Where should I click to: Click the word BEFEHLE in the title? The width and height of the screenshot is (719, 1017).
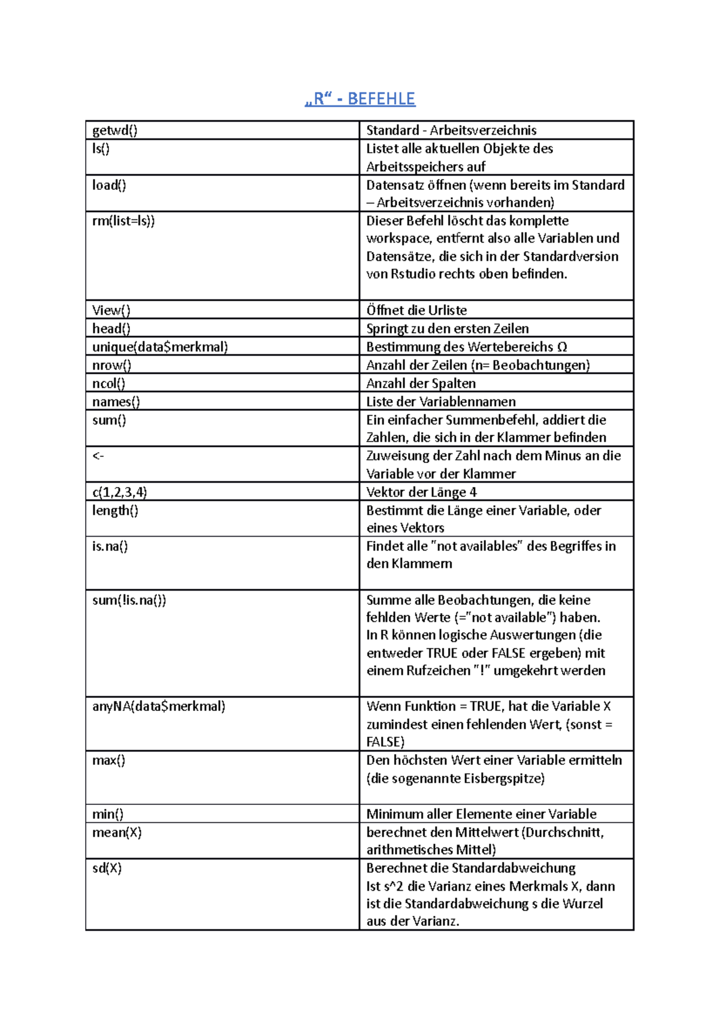pyautogui.click(x=381, y=99)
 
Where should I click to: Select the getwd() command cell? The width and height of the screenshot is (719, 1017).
pyautogui.click(x=114, y=131)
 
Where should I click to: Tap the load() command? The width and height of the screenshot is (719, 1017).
pyautogui.click(x=109, y=185)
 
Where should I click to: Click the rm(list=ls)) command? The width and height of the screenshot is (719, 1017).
pyautogui.click(x=123, y=221)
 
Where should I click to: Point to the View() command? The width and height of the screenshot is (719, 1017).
pyautogui.click(x=111, y=310)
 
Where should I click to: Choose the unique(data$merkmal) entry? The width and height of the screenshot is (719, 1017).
pyautogui.click(x=160, y=347)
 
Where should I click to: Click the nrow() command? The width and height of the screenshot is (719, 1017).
pyautogui.click(x=111, y=365)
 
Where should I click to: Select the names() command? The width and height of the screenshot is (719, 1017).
pyautogui.click(x=116, y=402)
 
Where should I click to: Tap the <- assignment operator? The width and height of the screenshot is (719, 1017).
pyautogui.click(x=98, y=456)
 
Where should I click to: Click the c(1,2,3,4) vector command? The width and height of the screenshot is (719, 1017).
pyautogui.click(x=119, y=492)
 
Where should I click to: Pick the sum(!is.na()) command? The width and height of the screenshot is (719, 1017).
pyautogui.click(x=129, y=600)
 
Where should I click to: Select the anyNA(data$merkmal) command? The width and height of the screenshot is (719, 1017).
pyautogui.click(x=159, y=706)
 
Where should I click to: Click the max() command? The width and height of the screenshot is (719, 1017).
pyautogui.click(x=108, y=761)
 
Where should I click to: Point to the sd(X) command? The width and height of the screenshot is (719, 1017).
pyautogui.click(x=107, y=868)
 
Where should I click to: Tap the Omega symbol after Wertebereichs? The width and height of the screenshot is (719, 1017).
pyautogui.click(x=561, y=347)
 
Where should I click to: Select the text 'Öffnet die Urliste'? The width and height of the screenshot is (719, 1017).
pyautogui.click(x=416, y=310)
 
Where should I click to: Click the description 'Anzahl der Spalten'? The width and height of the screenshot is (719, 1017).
pyautogui.click(x=421, y=383)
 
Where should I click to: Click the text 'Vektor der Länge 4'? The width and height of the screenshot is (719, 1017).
pyautogui.click(x=421, y=492)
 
